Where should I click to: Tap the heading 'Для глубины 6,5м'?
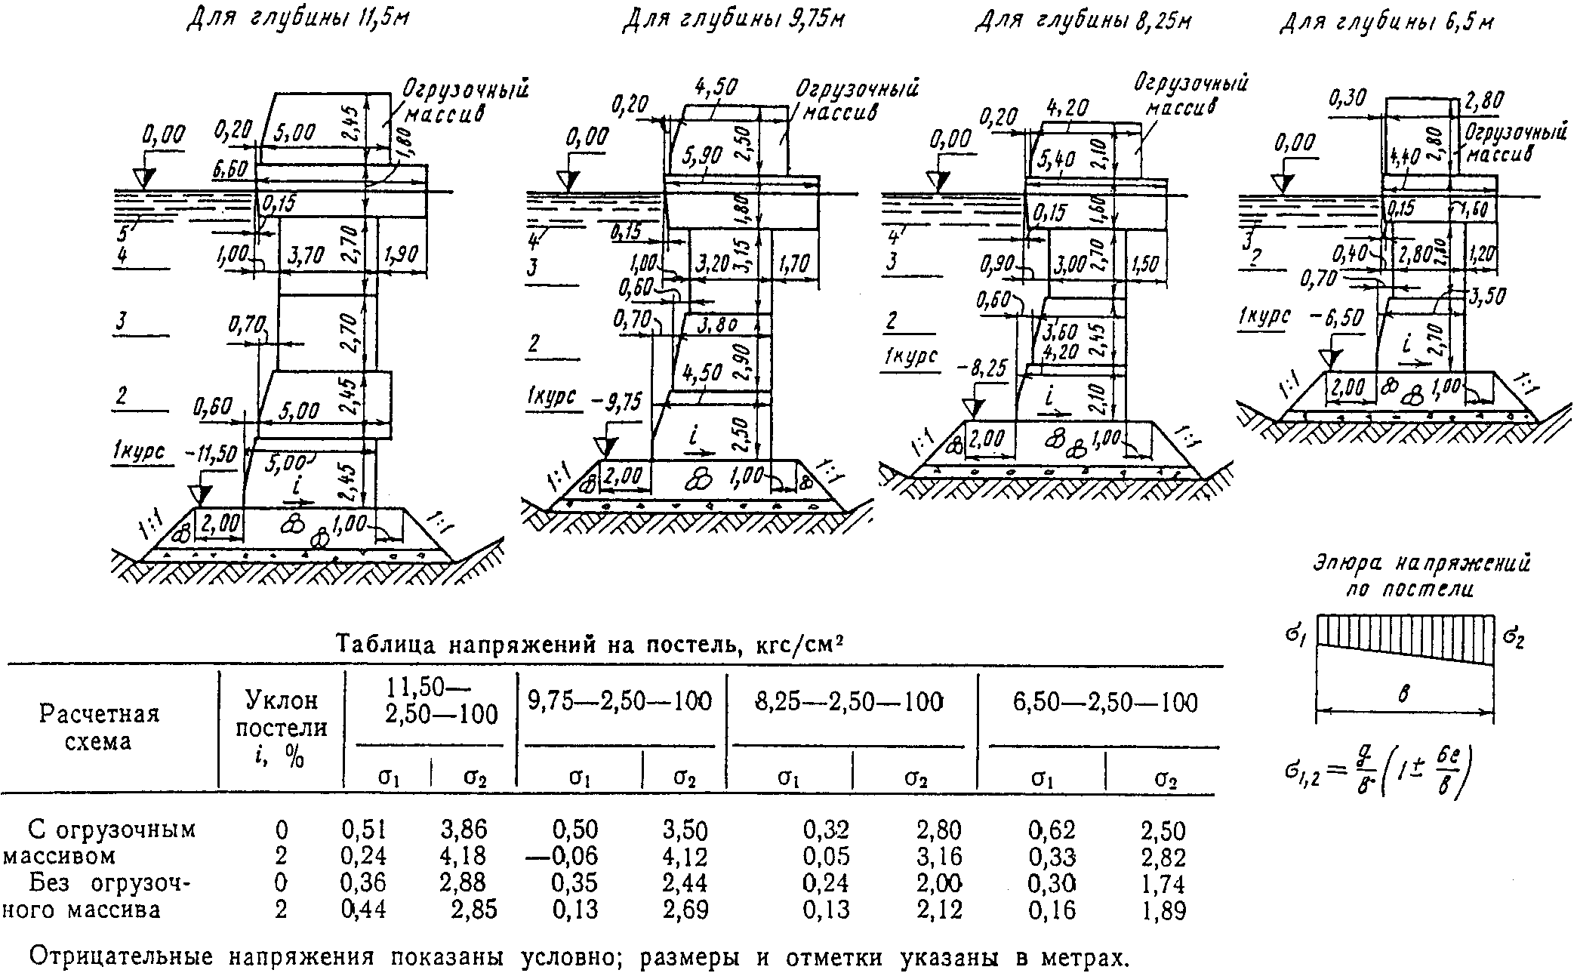[x=1386, y=23]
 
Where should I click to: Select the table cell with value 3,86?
[x=464, y=830]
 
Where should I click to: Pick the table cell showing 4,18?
[x=463, y=856]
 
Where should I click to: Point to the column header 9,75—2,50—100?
[x=620, y=702]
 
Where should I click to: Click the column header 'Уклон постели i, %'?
[x=282, y=728]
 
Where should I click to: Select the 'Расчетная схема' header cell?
[x=99, y=728]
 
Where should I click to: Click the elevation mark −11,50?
[x=210, y=453]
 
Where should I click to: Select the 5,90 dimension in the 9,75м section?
[x=703, y=156]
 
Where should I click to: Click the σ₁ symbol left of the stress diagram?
[x=1297, y=631]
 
